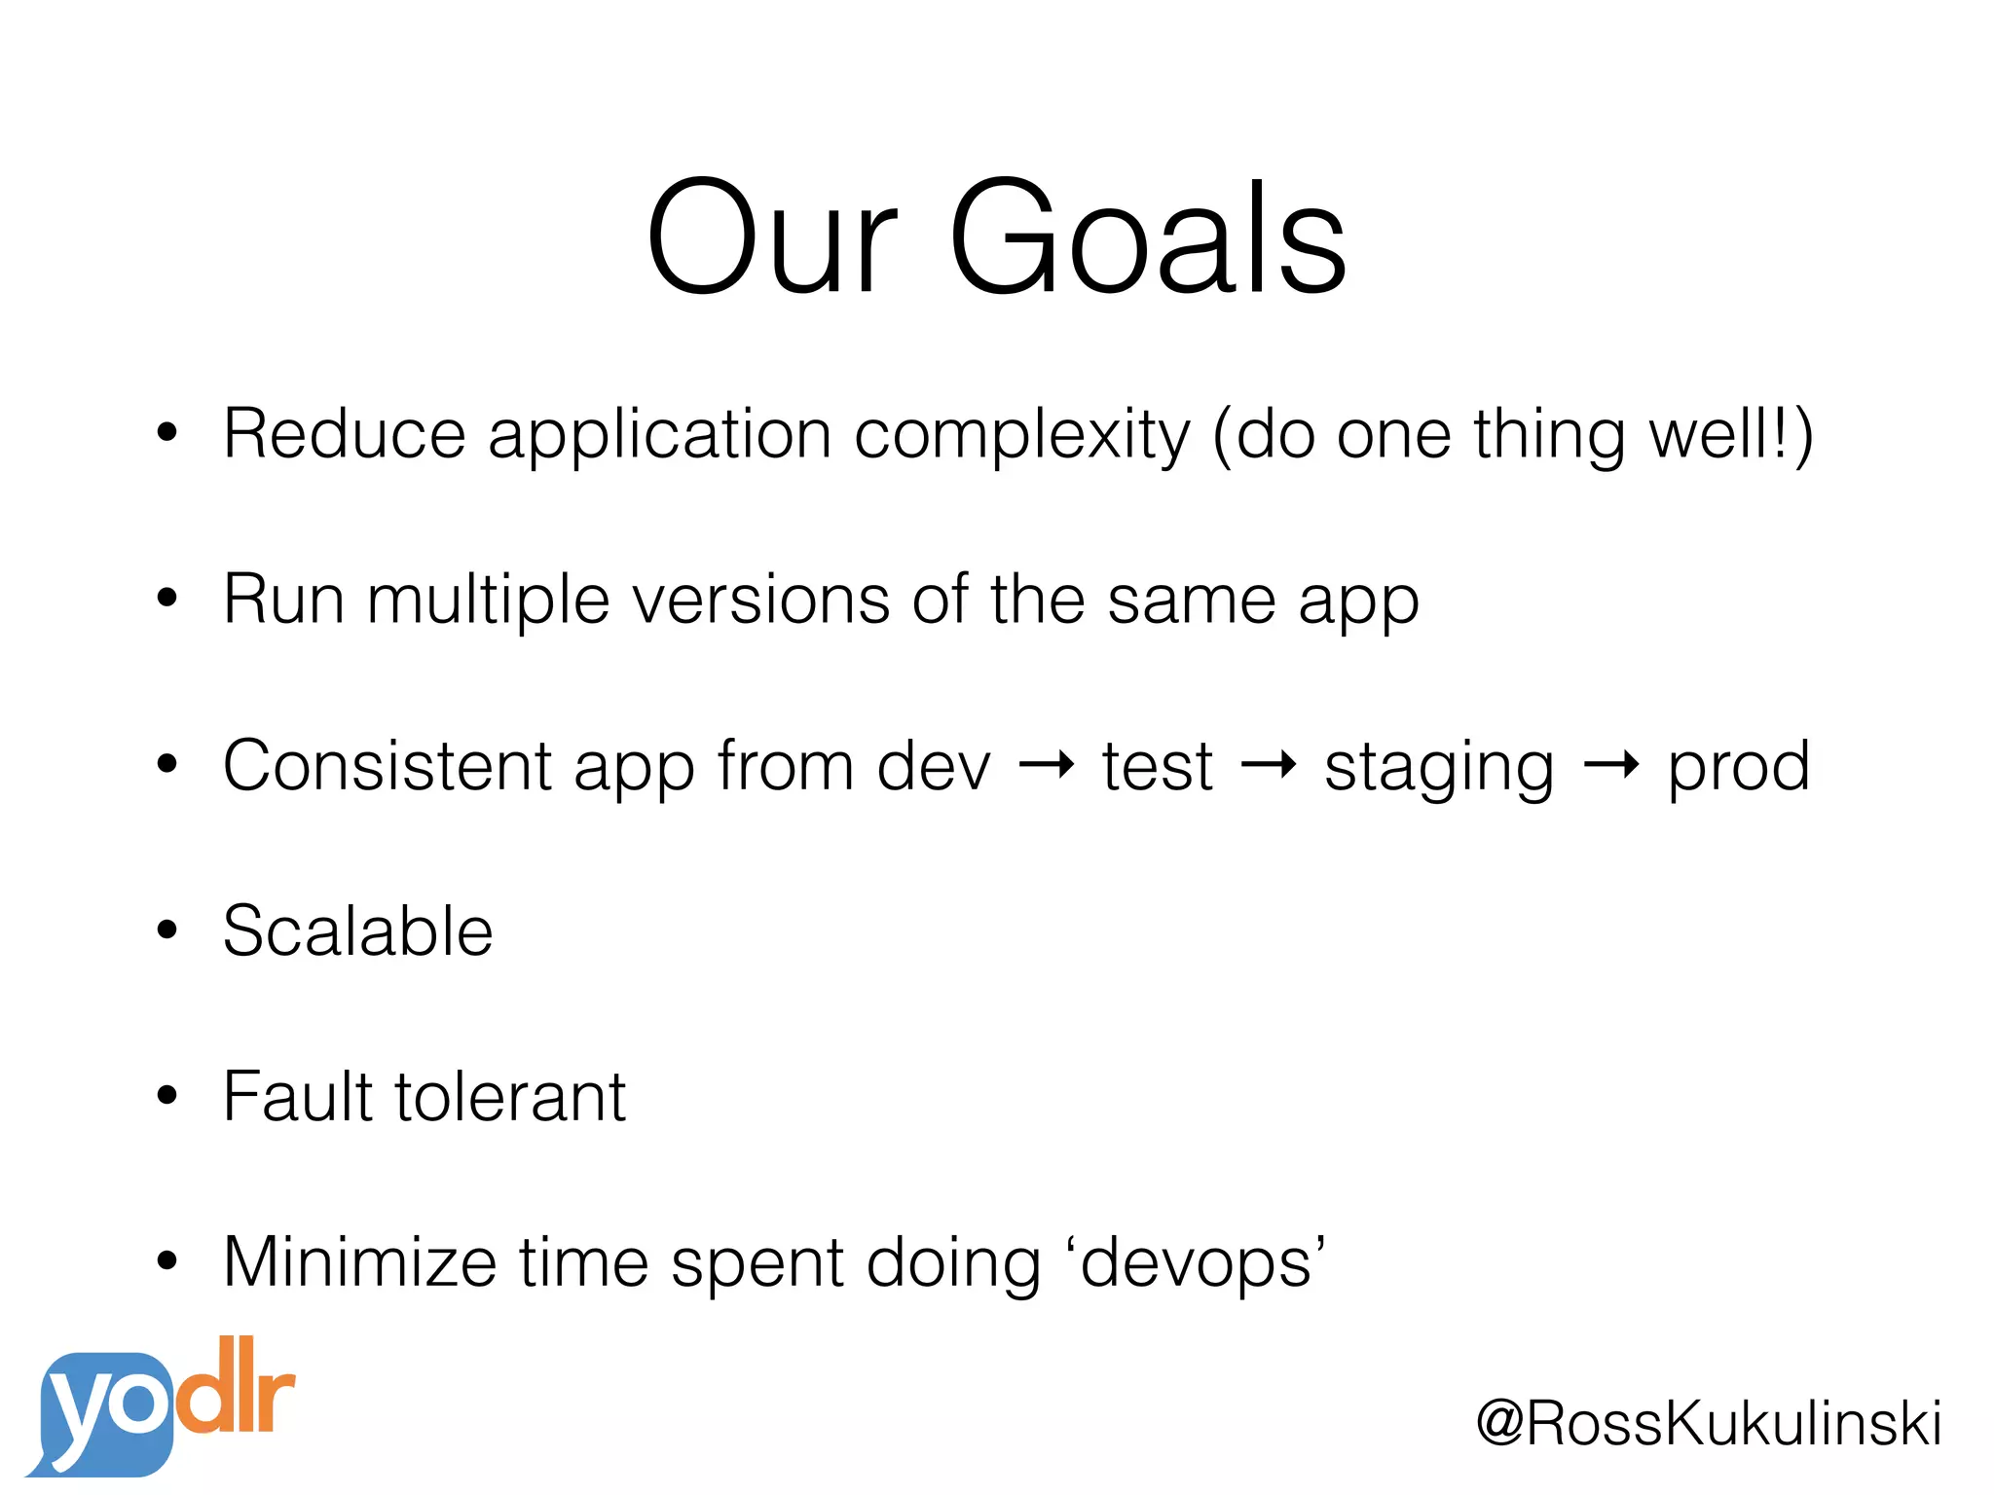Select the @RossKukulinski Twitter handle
1709,1423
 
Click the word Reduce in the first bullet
344,433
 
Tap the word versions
760,600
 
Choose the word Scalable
357,931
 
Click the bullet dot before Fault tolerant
167,1096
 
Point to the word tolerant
509,1097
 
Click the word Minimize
359,1262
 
